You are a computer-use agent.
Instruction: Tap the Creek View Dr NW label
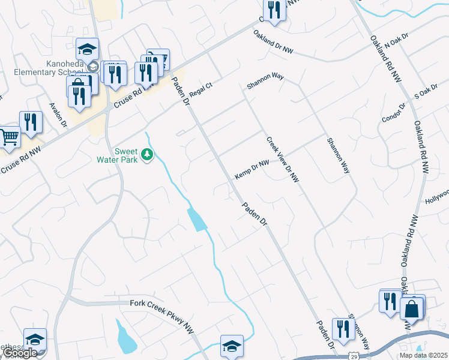click(283, 159)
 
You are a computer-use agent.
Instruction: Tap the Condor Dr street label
click(394, 112)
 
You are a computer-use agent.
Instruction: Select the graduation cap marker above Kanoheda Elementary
click(87, 49)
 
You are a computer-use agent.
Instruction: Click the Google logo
click(19, 353)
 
